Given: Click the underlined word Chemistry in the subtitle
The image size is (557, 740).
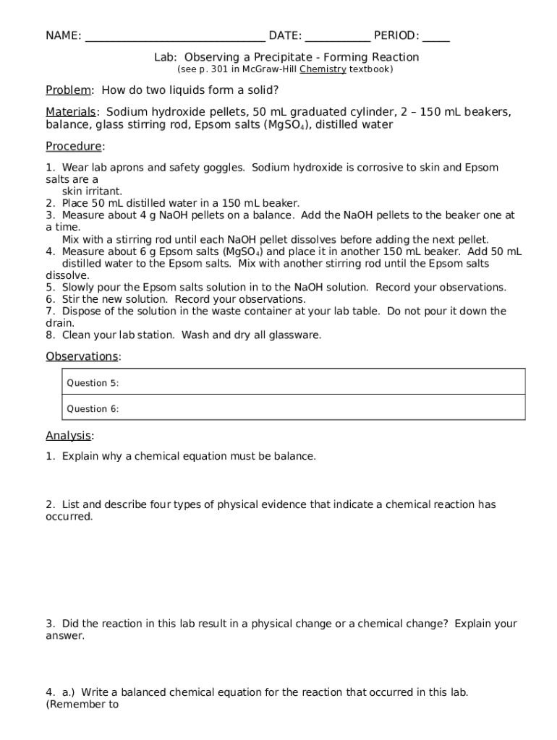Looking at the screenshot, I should coord(323,69).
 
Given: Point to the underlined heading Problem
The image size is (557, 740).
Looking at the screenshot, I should coord(69,90).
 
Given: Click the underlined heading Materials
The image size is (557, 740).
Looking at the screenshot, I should coord(71,112).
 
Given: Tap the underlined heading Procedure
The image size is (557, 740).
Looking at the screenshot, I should coord(74,147).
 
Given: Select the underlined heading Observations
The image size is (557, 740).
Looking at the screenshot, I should coord(82,356).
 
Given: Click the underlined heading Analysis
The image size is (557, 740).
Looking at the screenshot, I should coord(69,436).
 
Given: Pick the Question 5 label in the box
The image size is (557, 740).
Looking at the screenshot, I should coord(93,383).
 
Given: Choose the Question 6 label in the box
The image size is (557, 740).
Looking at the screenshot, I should coord(93,409).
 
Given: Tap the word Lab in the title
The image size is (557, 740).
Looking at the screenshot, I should coord(164,57).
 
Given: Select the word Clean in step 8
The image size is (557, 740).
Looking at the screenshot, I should coord(76,335).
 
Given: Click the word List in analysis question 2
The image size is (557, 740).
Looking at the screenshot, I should coord(72,504).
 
